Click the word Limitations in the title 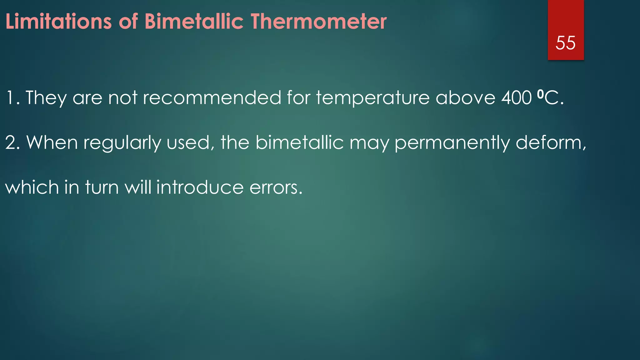[x=58, y=22]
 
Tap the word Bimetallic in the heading [x=194, y=22]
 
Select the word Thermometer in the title [x=319, y=22]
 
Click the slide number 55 [x=565, y=43]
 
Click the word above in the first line [x=465, y=98]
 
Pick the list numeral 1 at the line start [x=11, y=98]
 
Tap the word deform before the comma [x=548, y=143]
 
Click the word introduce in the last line [x=200, y=187]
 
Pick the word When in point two [x=52, y=143]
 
